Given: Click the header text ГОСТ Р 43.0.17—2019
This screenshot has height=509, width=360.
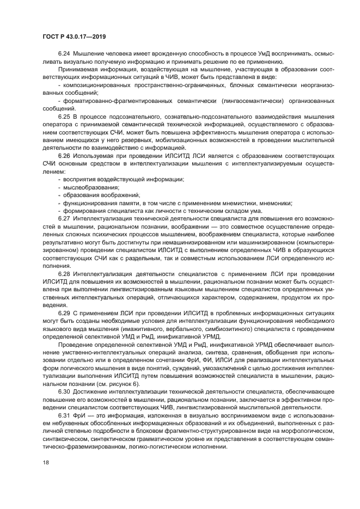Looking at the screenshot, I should pyautogui.click(x=74, y=36).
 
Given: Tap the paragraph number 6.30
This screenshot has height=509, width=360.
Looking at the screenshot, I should pyautogui.click(x=64, y=391).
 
